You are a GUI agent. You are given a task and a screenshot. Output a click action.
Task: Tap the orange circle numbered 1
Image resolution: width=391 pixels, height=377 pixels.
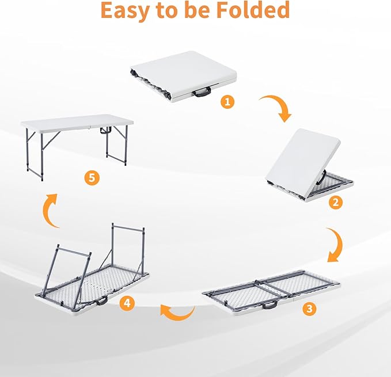(x=228, y=102)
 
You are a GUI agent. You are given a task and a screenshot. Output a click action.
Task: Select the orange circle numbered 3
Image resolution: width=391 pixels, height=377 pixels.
(x=309, y=309)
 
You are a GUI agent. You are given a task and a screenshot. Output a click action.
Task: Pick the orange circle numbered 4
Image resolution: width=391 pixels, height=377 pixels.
(x=127, y=302)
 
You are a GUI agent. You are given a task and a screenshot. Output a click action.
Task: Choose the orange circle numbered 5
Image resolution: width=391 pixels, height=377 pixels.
(x=91, y=177)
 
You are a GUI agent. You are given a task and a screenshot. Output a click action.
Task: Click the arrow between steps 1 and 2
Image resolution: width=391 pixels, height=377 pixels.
(x=275, y=108)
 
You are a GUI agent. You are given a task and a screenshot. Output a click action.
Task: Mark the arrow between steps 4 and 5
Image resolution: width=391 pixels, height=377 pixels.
(x=51, y=210)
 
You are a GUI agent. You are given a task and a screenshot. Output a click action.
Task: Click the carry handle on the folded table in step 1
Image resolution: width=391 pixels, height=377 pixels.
(x=202, y=92)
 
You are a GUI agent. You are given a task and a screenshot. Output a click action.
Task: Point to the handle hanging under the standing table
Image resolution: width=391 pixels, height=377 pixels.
(x=104, y=132)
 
